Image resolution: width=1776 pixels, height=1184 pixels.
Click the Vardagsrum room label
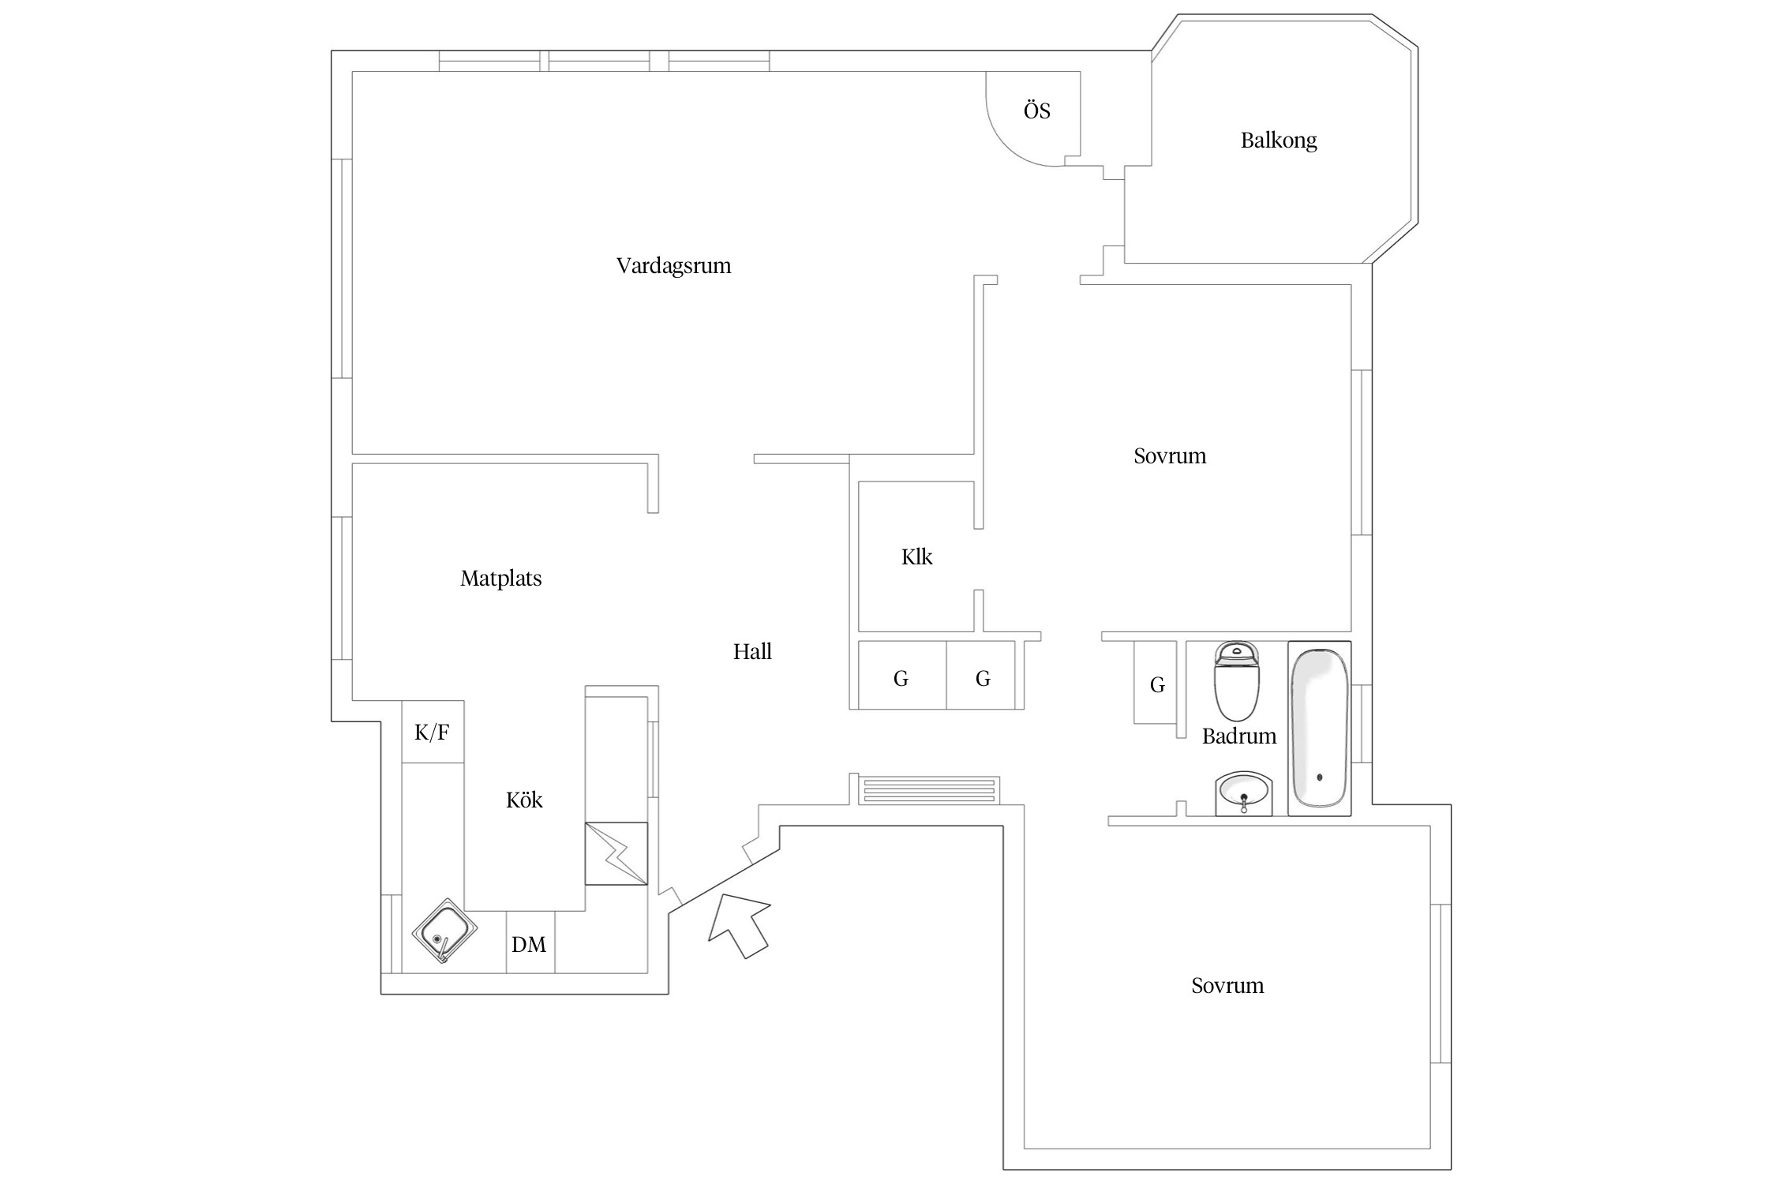click(x=673, y=266)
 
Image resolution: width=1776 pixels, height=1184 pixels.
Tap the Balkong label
click(x=1279, y=141)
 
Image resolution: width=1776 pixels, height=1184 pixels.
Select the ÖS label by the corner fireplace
click(x=1037, y=111)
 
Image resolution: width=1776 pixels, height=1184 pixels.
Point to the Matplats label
click(x=501, y=579)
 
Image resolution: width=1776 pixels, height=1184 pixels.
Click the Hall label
click(x=752, y=652)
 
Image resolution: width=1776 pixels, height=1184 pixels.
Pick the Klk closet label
click(x=916, y=557)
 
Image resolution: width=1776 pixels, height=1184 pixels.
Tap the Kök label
click(x=524, y=800)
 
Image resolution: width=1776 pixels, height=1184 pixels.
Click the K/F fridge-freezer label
click(x=432, y=733)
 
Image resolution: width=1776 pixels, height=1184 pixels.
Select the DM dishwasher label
click(x=529, y=945)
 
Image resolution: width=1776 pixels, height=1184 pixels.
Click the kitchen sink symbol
click(x=444, y=931)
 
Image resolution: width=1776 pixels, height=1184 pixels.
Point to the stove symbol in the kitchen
click(x=616, y=854)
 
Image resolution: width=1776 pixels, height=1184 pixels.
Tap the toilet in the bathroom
click(x=1237, y=680)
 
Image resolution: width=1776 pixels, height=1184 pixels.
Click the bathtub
click(x=1320, y=729)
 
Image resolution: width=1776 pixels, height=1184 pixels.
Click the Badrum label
click(x=1239, y=736)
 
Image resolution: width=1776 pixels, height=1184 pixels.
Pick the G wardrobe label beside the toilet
click(x=1157, y=685)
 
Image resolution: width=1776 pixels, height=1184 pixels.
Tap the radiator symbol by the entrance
click(x=929, y=790)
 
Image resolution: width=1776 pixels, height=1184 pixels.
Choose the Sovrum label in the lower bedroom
click(x=1227, y=986)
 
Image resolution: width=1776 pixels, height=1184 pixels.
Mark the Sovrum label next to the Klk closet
click(x=1170, y=456)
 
